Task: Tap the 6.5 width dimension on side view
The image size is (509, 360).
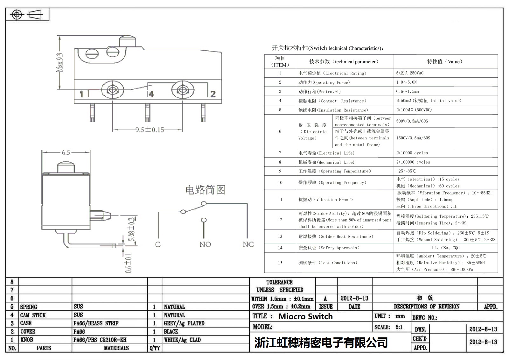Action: [66, 152]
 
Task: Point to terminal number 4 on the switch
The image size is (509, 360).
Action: [151, 94]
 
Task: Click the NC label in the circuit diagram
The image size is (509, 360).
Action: [248, 244]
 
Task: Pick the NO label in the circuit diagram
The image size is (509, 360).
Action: [205, 244]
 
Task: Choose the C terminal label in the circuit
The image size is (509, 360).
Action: [158, 244]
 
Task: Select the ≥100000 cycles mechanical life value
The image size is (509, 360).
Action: [413, 162]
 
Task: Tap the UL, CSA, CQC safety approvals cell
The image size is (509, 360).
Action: [445, 248]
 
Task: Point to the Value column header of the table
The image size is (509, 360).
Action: [445, 61]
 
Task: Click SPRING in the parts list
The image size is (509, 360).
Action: [29, 307]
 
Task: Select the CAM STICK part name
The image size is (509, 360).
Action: [33, 315]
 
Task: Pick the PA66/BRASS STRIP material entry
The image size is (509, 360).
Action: [96, 323]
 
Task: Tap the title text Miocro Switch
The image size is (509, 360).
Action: [305, 316]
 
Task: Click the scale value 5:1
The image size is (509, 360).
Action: [399, 327]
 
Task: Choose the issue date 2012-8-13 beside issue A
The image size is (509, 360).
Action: [354, 298]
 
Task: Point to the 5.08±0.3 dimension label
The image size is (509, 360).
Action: [133, 232]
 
